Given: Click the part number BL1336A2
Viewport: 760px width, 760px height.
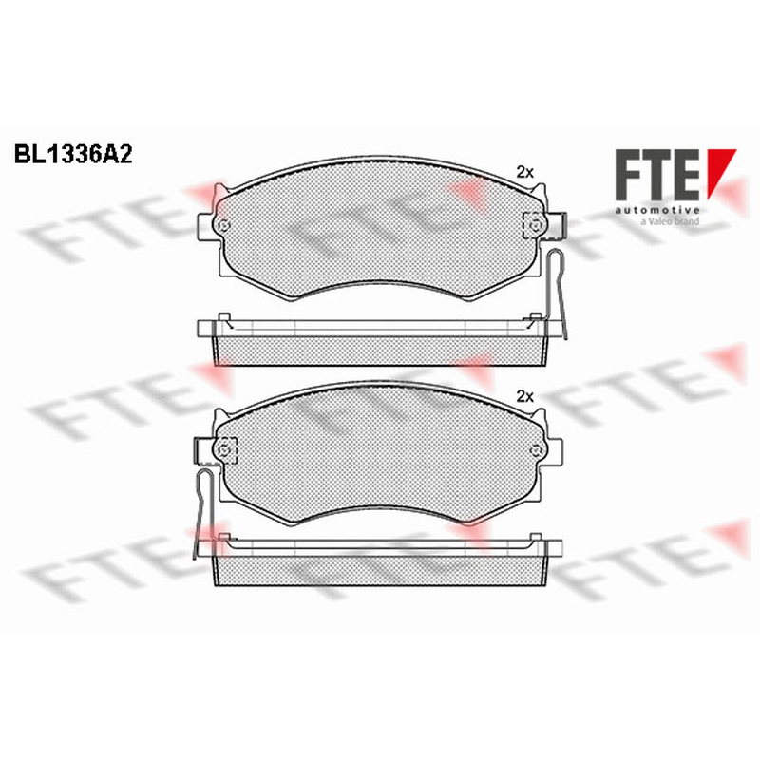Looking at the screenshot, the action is click(x=73, y=155).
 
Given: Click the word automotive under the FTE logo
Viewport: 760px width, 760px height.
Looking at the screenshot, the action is click(x=657, y=210).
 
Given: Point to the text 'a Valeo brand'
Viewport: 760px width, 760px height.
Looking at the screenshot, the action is click(x=670, y=221).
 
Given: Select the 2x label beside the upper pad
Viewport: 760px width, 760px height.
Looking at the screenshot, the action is click(x=524, y=172).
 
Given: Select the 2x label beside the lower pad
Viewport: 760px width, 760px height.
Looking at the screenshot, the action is click(x=524, y=397).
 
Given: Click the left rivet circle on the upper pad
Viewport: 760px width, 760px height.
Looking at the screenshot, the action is click(x=224, y=225).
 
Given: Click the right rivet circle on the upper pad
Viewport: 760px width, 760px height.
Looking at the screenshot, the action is click(x=535, y=225).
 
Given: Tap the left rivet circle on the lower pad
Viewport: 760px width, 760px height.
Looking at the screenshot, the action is click(x=224, y=450).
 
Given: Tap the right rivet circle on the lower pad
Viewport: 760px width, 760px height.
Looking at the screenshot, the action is click(x=535, y=450).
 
